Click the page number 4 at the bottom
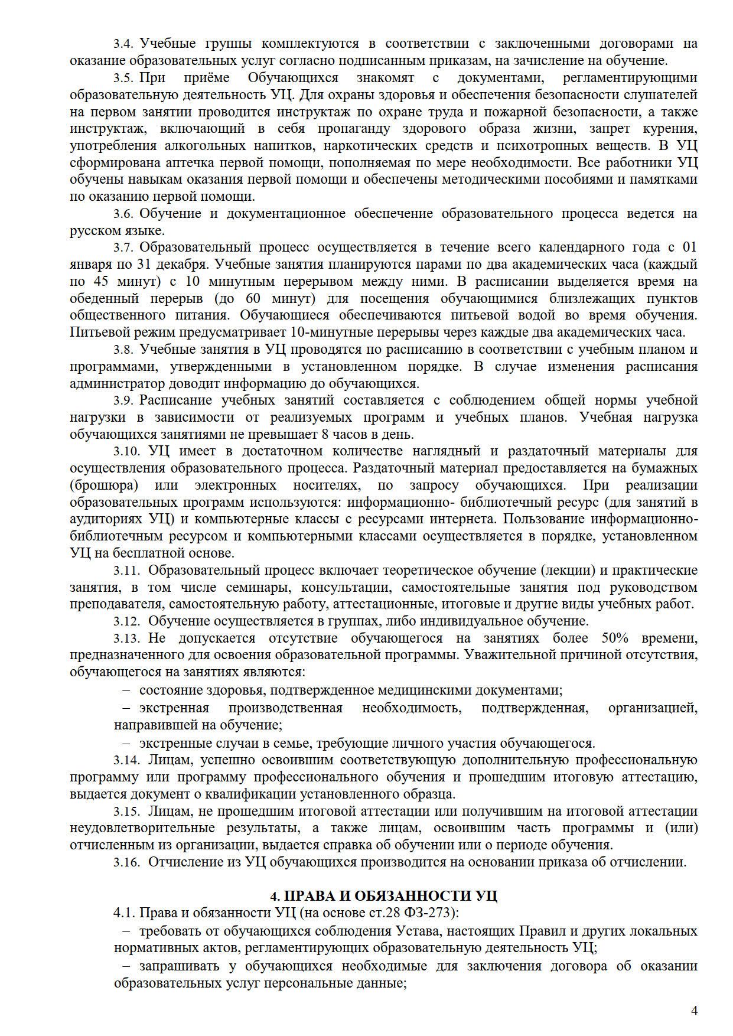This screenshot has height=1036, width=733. tap(694, 1010)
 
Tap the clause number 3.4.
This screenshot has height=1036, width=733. tap(124, 44)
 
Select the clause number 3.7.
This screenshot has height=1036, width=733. tap(124, 247)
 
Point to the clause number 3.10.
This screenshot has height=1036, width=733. tap(126, 451)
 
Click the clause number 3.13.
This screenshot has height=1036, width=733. tap(126, 638)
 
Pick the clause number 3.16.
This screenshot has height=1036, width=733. tap(126, 862)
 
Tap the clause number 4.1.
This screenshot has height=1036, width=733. tap(124, 913)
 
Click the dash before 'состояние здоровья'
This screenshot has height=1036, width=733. tap(126, 690)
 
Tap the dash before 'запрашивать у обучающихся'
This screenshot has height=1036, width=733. tap(126, 966)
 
